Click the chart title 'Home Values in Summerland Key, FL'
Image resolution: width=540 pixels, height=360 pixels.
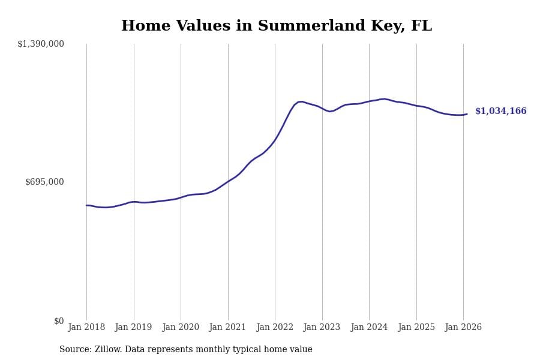(276, 26)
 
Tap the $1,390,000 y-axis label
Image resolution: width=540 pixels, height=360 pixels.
(41, 44)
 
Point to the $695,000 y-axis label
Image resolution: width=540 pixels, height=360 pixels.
(44, 182)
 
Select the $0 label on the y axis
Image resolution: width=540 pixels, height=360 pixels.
(59, 321)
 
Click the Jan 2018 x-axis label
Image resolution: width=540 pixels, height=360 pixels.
(86, 328)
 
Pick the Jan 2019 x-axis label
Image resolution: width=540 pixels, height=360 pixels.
(133, 328)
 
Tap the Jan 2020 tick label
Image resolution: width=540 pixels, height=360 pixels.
(181, 328)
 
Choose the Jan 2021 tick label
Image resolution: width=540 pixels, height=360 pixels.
(227, 328)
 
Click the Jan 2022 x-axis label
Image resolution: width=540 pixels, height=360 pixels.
(275, 328)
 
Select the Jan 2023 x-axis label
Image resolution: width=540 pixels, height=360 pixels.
(322, 328)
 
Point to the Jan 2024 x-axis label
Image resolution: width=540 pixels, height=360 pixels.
(369, 328)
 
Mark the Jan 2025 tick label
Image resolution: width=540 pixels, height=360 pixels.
(416, 328)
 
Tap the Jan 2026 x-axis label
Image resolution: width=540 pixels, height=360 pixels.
(463, 328)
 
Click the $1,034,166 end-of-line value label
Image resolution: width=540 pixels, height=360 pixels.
(500, 112)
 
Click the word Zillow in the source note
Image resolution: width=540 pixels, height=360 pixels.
(107, 350)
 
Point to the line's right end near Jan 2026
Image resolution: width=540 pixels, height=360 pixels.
(467, 114)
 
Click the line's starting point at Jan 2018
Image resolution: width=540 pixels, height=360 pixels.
(86, 205)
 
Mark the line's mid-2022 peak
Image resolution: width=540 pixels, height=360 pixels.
(301, 101)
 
